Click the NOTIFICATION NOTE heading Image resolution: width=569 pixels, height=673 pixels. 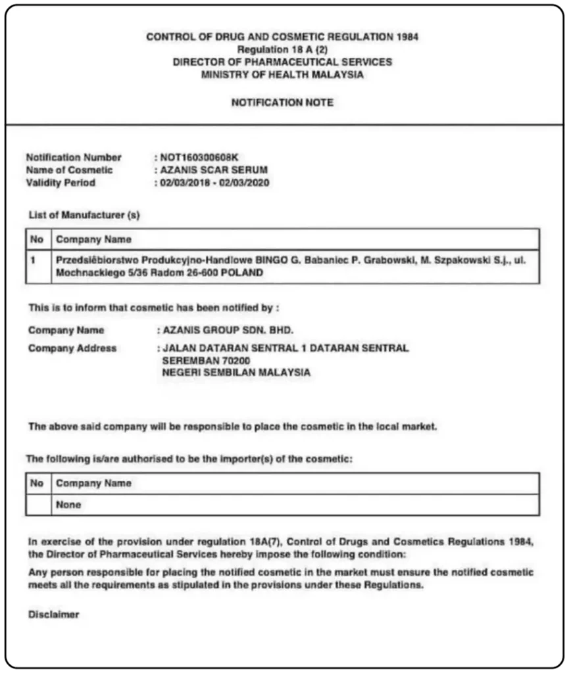point(282,103)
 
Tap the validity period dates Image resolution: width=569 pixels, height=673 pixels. point(214,183)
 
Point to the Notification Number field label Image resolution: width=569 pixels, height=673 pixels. point(74,157)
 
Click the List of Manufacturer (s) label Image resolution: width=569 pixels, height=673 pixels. point(84,215)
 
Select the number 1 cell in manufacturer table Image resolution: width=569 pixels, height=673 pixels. point(33,260)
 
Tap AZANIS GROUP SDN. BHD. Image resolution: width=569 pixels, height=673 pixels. point(228,330)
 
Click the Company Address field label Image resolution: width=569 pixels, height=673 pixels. point(72,348)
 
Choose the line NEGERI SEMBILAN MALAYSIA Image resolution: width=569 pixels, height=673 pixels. point(235,373)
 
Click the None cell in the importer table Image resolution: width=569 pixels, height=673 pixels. point(68,505)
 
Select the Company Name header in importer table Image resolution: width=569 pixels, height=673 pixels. point(93,483)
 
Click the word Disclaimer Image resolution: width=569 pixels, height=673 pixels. point(54,615)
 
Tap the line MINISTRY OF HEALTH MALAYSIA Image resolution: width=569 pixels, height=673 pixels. point(282,74)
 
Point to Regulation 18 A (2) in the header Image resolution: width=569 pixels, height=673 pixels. point(282,49)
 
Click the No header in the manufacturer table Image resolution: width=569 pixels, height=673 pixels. point(37,239)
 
